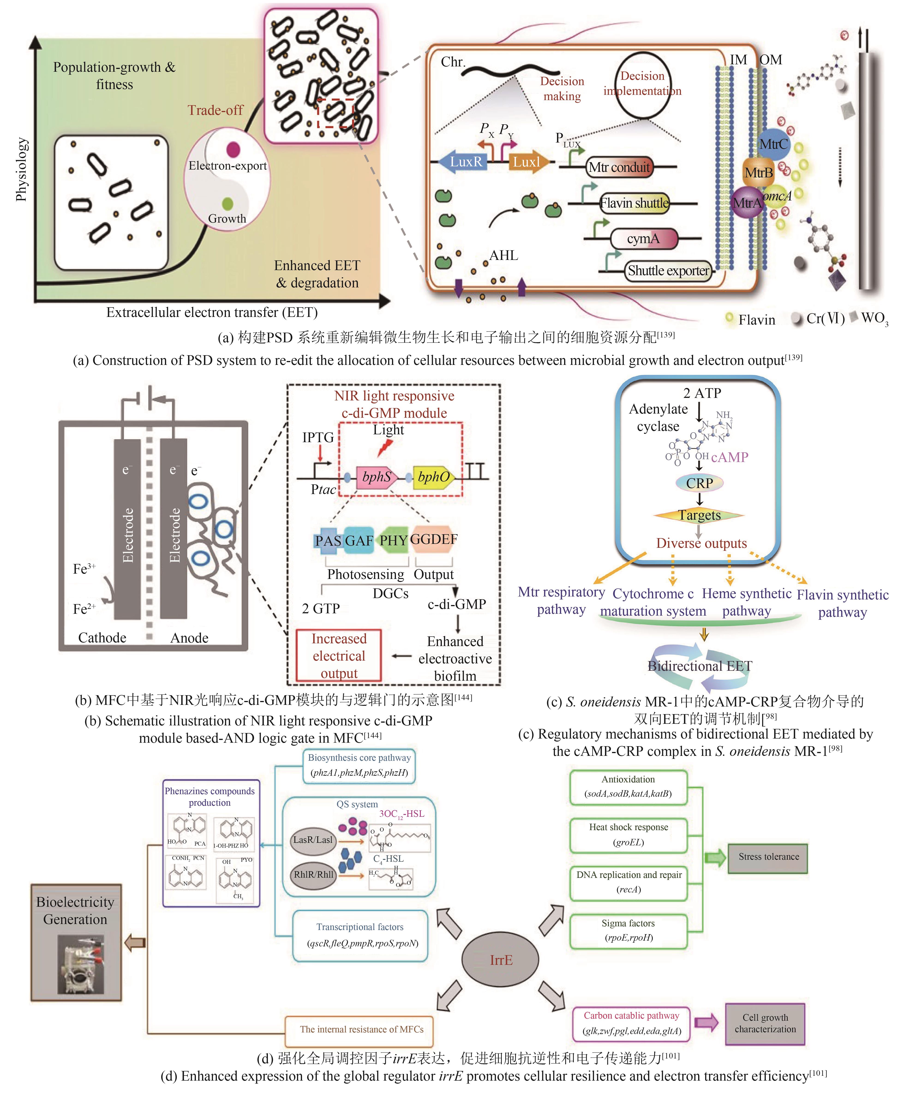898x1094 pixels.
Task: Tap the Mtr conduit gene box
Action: (619, 167)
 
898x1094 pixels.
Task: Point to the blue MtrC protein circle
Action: (773, 144)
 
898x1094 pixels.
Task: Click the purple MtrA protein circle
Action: (746, 203)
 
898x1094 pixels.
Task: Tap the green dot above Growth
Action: (227, 204)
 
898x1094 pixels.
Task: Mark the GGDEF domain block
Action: (434, 540)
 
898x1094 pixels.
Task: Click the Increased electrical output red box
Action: (339, 656)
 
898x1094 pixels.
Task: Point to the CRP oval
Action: (699, 483)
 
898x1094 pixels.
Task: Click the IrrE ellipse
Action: (500, 960)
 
